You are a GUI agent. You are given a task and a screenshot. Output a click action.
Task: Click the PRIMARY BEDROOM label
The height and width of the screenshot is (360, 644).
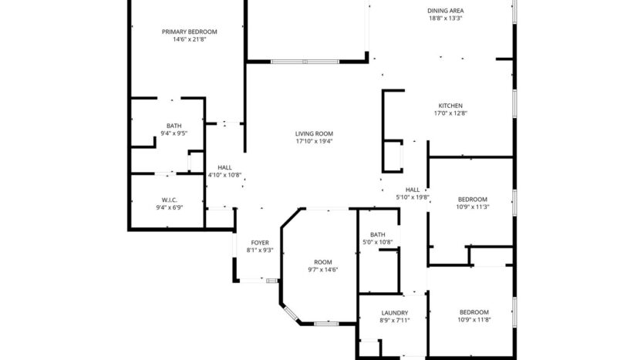pyautogui.click(x=189, y=32)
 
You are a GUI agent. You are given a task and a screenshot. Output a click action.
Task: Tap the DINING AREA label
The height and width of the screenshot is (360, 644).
pyautogui.click(x=446, y=11)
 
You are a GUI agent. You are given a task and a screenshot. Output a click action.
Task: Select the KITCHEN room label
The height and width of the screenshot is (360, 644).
pyautogui.click(x=450, y=106)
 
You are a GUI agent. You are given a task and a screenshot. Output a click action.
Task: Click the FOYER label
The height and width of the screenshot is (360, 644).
pyautogui.click(x=259, y=243)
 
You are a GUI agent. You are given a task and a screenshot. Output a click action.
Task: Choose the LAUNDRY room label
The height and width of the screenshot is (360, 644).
pyautogui.click(x=394, y=312)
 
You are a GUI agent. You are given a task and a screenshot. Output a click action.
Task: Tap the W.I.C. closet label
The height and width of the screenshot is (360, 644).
pyautogui.click(x=170, y=199)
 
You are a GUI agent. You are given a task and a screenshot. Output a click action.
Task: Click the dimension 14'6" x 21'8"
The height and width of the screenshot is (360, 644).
pyautogui.click(x=189, y=40)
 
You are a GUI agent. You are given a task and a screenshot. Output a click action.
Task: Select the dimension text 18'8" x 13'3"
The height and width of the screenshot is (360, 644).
pyautogui.click(x=446, y=19)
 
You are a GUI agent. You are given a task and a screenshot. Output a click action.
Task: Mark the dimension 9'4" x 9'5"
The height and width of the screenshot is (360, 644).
pyautogui.click(x=174, y=134)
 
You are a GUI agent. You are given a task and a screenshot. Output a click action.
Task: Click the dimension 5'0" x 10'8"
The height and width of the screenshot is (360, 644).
pyautogui.click(x=378, y=243)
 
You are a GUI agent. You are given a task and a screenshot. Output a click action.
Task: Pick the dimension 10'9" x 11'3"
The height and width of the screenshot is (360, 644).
pyautogui.click(x=473, y=207)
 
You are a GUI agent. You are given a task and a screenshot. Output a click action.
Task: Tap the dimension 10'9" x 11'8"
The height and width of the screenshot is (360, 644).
pyautogui.click(x=474, y=320)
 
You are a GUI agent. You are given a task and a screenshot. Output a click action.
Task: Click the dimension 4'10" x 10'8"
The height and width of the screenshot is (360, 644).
pyautogui.click(x=224, y=175)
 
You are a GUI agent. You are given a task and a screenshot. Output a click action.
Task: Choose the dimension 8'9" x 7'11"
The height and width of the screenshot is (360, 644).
pyautogui.click(x=394, y=321)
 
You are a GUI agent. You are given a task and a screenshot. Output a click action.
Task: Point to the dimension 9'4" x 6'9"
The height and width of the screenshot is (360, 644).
pyautogui.click(x=170, y=207)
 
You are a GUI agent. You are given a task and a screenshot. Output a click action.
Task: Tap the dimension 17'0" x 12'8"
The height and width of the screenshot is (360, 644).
pyautogui.click(x=450, y=114)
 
